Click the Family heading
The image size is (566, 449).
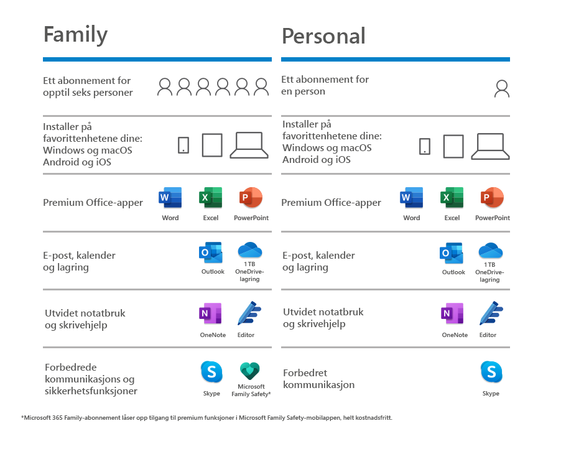pyautogui.click(x=75, y=34)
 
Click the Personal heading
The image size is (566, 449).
pyautogui.click(x=323, y=36)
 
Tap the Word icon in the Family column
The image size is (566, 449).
pyautogui.click(x=170, y=198)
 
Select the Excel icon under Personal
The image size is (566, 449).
pyautogui.click(x=452, y=198)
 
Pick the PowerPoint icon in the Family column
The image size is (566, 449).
pyautogui.click(x=251, y=198)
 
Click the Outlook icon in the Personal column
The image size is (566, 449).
pyautogui.click(x=452, y=253)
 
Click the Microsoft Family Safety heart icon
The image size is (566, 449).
pyautogui.click(x=250, y=371)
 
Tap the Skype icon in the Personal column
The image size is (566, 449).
pyautogui.click(x=491, y=373)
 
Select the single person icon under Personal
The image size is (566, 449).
pyautogui.click(x=501, y=89)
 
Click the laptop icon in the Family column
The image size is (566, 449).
pyautogui.click(x=249, y=146)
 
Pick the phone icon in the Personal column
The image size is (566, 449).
pyautogui.click(x=424, y=146)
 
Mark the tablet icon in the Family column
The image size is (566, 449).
pyautogui.click(x=212, y=146)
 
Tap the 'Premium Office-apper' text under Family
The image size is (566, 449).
pyautogui.click(x=93, y=202)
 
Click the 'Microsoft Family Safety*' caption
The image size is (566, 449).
pyautogui.click(x=251, y=390)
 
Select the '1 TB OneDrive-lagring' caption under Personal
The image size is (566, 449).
pyautogui.click(x=489, y=272)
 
